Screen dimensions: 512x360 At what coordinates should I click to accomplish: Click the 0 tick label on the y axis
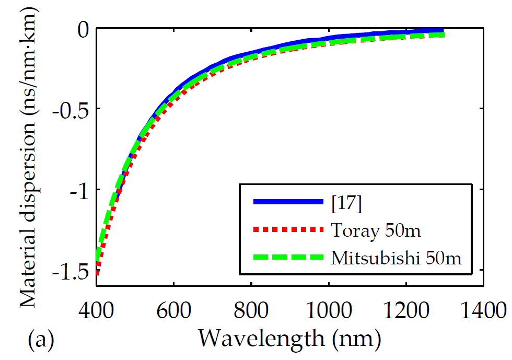click(84, 30)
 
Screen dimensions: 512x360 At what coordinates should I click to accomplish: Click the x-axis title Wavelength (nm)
click(289, 339)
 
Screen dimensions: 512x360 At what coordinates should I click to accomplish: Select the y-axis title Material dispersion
click(29, 157)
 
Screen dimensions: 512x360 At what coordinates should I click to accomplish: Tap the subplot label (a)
click(41, 340)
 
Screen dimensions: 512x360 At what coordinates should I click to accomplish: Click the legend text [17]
click(346, 204)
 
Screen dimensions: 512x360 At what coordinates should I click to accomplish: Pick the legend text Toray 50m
click(376, 230)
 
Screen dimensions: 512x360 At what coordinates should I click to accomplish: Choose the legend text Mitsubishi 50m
click(397, 258)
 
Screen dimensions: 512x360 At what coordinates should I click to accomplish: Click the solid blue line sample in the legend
click(288, 202)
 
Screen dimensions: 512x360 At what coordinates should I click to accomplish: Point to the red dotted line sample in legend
click(288, 229)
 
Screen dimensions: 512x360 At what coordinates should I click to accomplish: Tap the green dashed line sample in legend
click(288, 257)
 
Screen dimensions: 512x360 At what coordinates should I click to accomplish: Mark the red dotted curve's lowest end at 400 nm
click(97, 274)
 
